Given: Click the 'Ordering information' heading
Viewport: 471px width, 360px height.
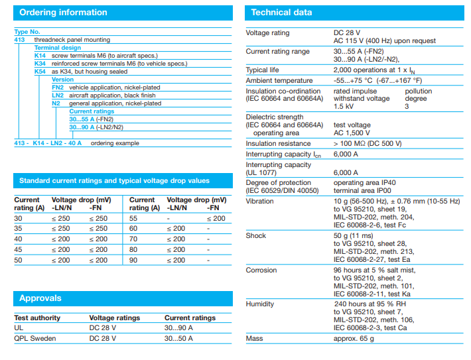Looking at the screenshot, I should point(63,13).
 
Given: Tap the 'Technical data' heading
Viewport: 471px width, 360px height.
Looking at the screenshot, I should point(281,13).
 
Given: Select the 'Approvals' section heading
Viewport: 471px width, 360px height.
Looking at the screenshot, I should point(40,298).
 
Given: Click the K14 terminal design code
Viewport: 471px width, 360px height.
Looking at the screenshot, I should point(40,56).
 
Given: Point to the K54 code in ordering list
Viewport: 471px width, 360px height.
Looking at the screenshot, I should point(40,71).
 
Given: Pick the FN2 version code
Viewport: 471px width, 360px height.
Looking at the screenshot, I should point(58,88).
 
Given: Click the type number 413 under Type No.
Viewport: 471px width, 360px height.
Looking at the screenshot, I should point(19,40).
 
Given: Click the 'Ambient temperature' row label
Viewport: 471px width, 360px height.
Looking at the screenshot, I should point(279,80).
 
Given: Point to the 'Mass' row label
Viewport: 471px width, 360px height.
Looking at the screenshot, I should point(255,338).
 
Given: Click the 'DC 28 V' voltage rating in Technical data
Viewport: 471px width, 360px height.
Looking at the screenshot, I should point(347,32).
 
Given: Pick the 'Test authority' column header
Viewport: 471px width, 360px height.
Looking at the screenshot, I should point(37,318).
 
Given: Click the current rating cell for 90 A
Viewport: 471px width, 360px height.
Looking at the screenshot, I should point(133,261).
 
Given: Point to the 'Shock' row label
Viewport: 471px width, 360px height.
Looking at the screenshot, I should point(255,235).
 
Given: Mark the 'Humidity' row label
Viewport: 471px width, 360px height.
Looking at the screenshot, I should point(260,304).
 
